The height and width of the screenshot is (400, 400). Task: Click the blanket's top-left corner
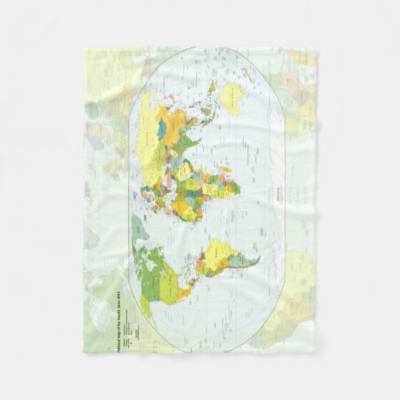tap(85, 50)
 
